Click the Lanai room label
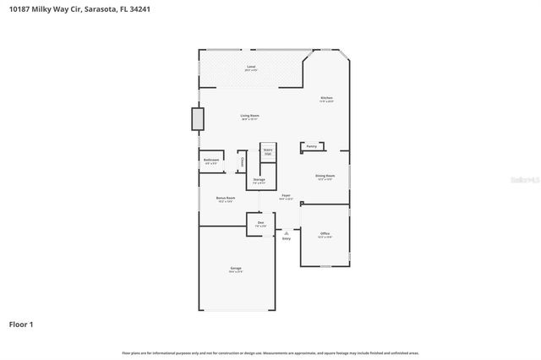[x=251, y=66]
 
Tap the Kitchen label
[x=326, y=98]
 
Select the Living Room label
[x=250, y=115]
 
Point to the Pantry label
[x=312, y=146]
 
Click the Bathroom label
[x=211, y=160]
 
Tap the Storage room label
[x=260, y=179]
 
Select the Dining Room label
[x=325, y=176]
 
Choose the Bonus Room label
[x=225, y=198]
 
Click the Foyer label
[x=287, y=195]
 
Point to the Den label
[x=261, y=222]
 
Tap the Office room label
[x=325, y=233]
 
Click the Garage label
[x=236, y=269]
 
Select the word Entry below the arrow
[x=287, y=239]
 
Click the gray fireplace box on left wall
[x=198, y=118]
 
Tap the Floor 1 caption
[x=22, y=324]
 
